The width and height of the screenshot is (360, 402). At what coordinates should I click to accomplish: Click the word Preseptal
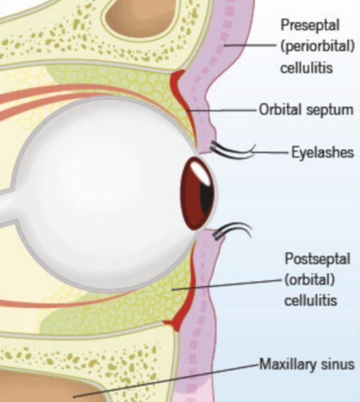310,25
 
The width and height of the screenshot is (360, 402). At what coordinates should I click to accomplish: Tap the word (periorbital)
318,47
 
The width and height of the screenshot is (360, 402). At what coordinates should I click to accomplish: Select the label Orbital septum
306,109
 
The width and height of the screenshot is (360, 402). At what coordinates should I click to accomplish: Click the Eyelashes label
323,152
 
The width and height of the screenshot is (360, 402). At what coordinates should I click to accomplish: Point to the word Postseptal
318,259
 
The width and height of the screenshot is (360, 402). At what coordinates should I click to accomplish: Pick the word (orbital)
310,279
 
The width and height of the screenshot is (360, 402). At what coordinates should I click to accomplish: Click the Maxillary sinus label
307,364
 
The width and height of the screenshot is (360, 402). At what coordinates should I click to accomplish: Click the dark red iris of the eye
198,194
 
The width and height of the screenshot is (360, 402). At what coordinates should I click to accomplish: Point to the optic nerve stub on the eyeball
7,205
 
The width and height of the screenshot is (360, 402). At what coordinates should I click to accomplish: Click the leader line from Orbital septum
222,111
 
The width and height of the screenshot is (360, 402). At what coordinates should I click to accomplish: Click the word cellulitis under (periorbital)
306,68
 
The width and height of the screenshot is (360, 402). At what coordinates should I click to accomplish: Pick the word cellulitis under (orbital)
310,299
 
